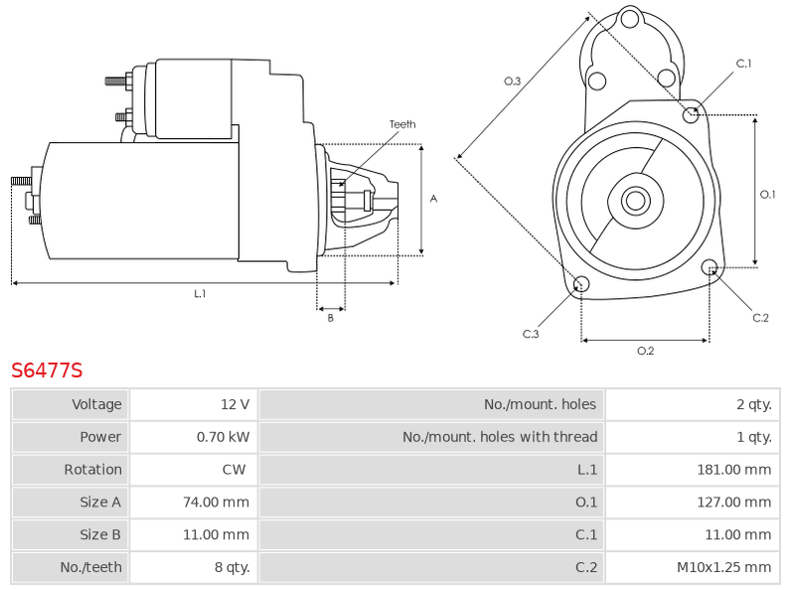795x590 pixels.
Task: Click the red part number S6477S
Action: click(47, 370)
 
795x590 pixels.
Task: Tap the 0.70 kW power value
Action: click(223, 437)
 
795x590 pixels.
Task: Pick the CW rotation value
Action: click(234, 470)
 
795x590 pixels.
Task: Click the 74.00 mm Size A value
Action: click(216, 502)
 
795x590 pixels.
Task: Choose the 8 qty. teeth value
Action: click(233, 567)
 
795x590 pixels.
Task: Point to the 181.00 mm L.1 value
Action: click(734, 470)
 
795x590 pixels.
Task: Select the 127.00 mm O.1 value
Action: click(734, 502)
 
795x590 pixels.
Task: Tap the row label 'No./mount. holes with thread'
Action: click(500, 437)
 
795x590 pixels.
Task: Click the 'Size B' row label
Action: click(100, 534)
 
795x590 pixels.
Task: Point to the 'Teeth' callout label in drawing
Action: click(402, 124)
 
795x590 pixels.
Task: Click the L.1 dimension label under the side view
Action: click(200, 293)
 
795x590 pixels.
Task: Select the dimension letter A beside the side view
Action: click(433, 199)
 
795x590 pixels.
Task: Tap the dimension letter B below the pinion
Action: click(331, 318)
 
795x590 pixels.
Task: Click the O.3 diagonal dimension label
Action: click(513, 81)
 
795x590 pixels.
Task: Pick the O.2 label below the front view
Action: click(645, 351)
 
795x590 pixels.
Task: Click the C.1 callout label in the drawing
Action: click(743, 64)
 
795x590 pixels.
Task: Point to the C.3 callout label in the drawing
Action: click(531, 334)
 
